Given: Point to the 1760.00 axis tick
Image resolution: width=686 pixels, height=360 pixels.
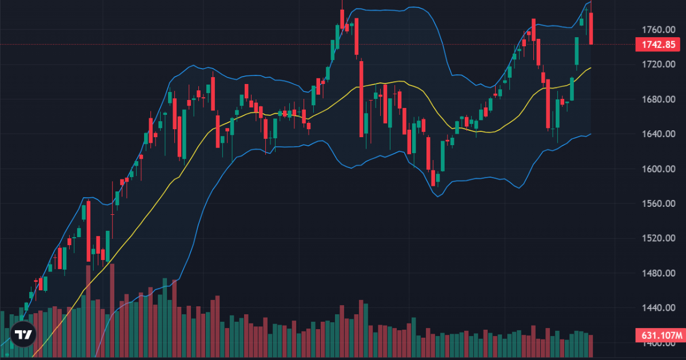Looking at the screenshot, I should [655, 30].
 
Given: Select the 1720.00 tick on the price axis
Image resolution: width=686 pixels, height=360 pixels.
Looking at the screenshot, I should [655, 65].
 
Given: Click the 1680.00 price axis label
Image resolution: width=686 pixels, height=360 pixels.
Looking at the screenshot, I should [655, 99].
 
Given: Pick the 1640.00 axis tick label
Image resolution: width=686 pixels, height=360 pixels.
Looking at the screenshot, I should [655, 134].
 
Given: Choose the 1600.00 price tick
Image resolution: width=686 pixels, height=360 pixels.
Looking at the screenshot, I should [655, 169].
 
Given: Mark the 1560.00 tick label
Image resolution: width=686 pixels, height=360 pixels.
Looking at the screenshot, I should [655, 204].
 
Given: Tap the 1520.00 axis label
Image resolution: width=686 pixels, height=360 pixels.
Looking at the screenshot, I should [655, 239].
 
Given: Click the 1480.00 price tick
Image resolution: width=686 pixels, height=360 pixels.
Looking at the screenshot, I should [655, 274].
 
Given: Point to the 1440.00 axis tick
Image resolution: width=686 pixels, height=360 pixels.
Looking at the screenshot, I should [655, 309].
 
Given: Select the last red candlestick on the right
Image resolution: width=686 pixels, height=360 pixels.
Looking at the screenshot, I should [591, 29].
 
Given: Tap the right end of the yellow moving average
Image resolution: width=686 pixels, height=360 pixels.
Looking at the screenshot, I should [591, 67].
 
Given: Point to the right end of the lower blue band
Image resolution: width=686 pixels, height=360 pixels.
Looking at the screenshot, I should [591, 134].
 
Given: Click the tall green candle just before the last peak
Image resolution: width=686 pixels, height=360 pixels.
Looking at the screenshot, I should [576, 51].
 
